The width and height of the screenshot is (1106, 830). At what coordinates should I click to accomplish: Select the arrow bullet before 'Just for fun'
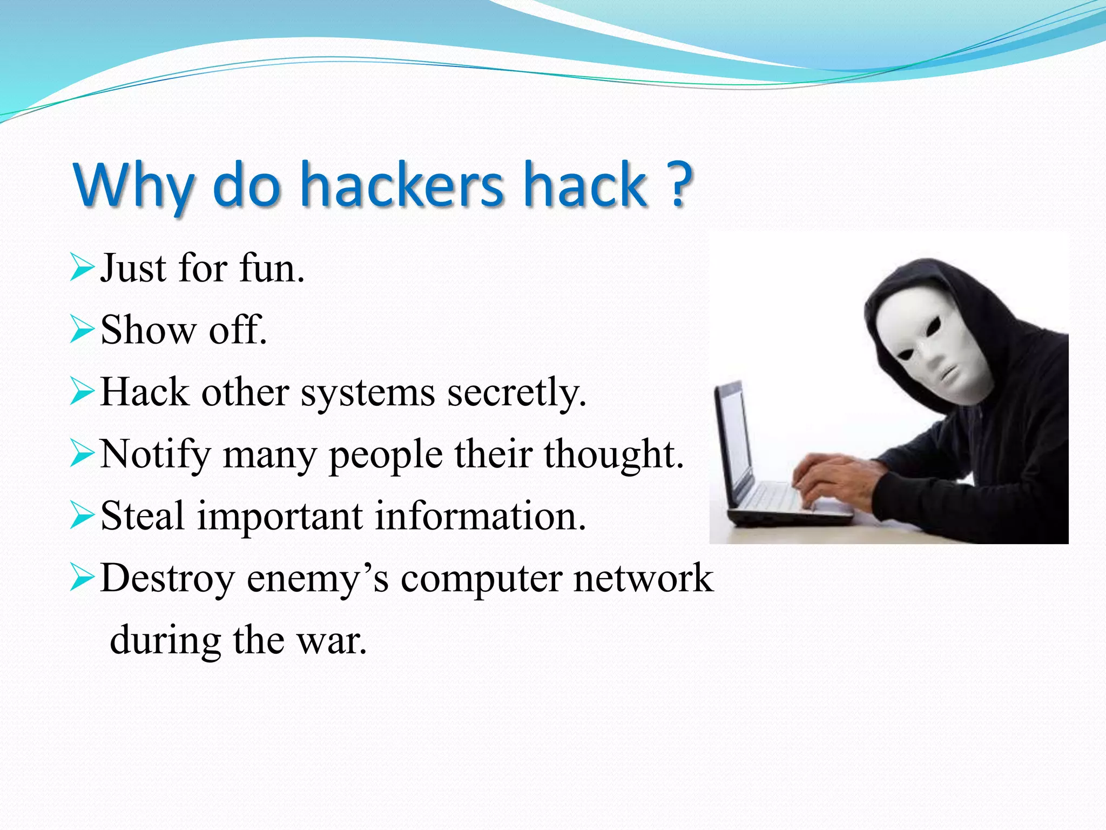82,268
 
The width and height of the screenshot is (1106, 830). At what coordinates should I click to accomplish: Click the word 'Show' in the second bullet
148,330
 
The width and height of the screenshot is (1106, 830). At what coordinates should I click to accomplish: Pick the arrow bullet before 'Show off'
82,330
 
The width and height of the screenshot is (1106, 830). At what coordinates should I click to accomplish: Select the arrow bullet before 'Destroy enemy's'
82,578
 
